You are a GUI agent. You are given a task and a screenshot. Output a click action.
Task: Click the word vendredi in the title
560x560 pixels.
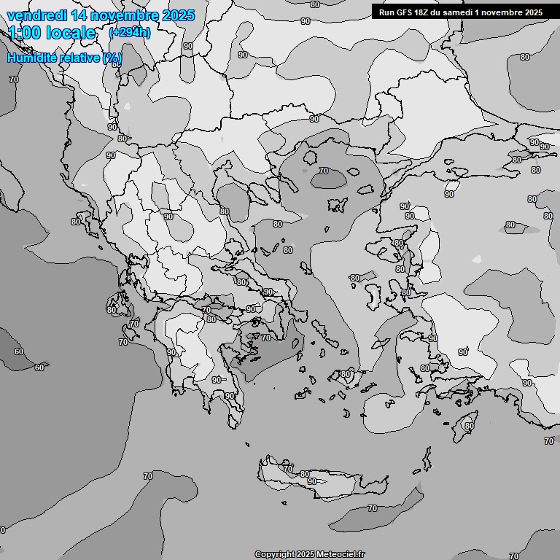[37, 15]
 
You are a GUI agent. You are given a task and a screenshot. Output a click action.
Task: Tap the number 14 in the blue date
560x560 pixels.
[82, 15]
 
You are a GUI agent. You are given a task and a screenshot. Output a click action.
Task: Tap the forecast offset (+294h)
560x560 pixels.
[130, 32]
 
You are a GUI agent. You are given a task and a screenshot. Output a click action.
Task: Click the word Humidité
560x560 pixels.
[29, 58]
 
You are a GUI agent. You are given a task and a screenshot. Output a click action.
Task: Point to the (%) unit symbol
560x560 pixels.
[112, 58]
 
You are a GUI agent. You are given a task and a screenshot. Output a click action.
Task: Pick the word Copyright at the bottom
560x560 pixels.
[274, 554]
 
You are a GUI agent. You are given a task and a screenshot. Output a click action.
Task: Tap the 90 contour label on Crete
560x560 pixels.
[312, 481]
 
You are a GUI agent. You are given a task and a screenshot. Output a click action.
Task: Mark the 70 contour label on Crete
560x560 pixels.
[288, 469]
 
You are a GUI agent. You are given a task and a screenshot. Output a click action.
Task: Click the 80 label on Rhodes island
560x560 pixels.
[470, 426]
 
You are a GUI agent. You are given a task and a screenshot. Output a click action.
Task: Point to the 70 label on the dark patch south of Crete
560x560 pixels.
[372, 508]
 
